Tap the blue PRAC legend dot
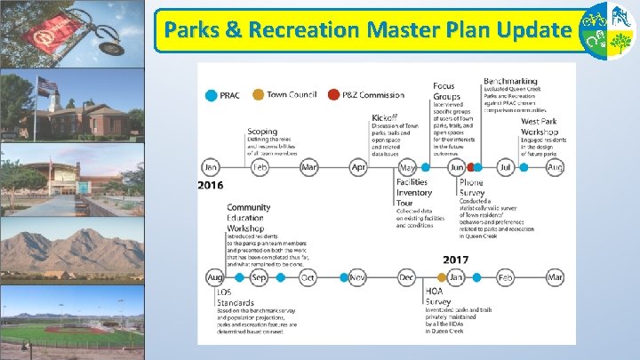click(x=211, y=95)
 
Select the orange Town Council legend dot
click(x=258, y=95)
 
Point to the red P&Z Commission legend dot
click(x=333, y=95)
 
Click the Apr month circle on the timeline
click(x=359, y=166)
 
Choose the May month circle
click(x=408, y=166)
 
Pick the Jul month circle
click(x=506, y=166)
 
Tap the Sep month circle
click(x=260, y=277)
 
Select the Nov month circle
click(x=358, y=277)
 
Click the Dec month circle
click(x=407, y=277)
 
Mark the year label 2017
click(x=456, y=260)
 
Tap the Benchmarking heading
click(x=509, y=82)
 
